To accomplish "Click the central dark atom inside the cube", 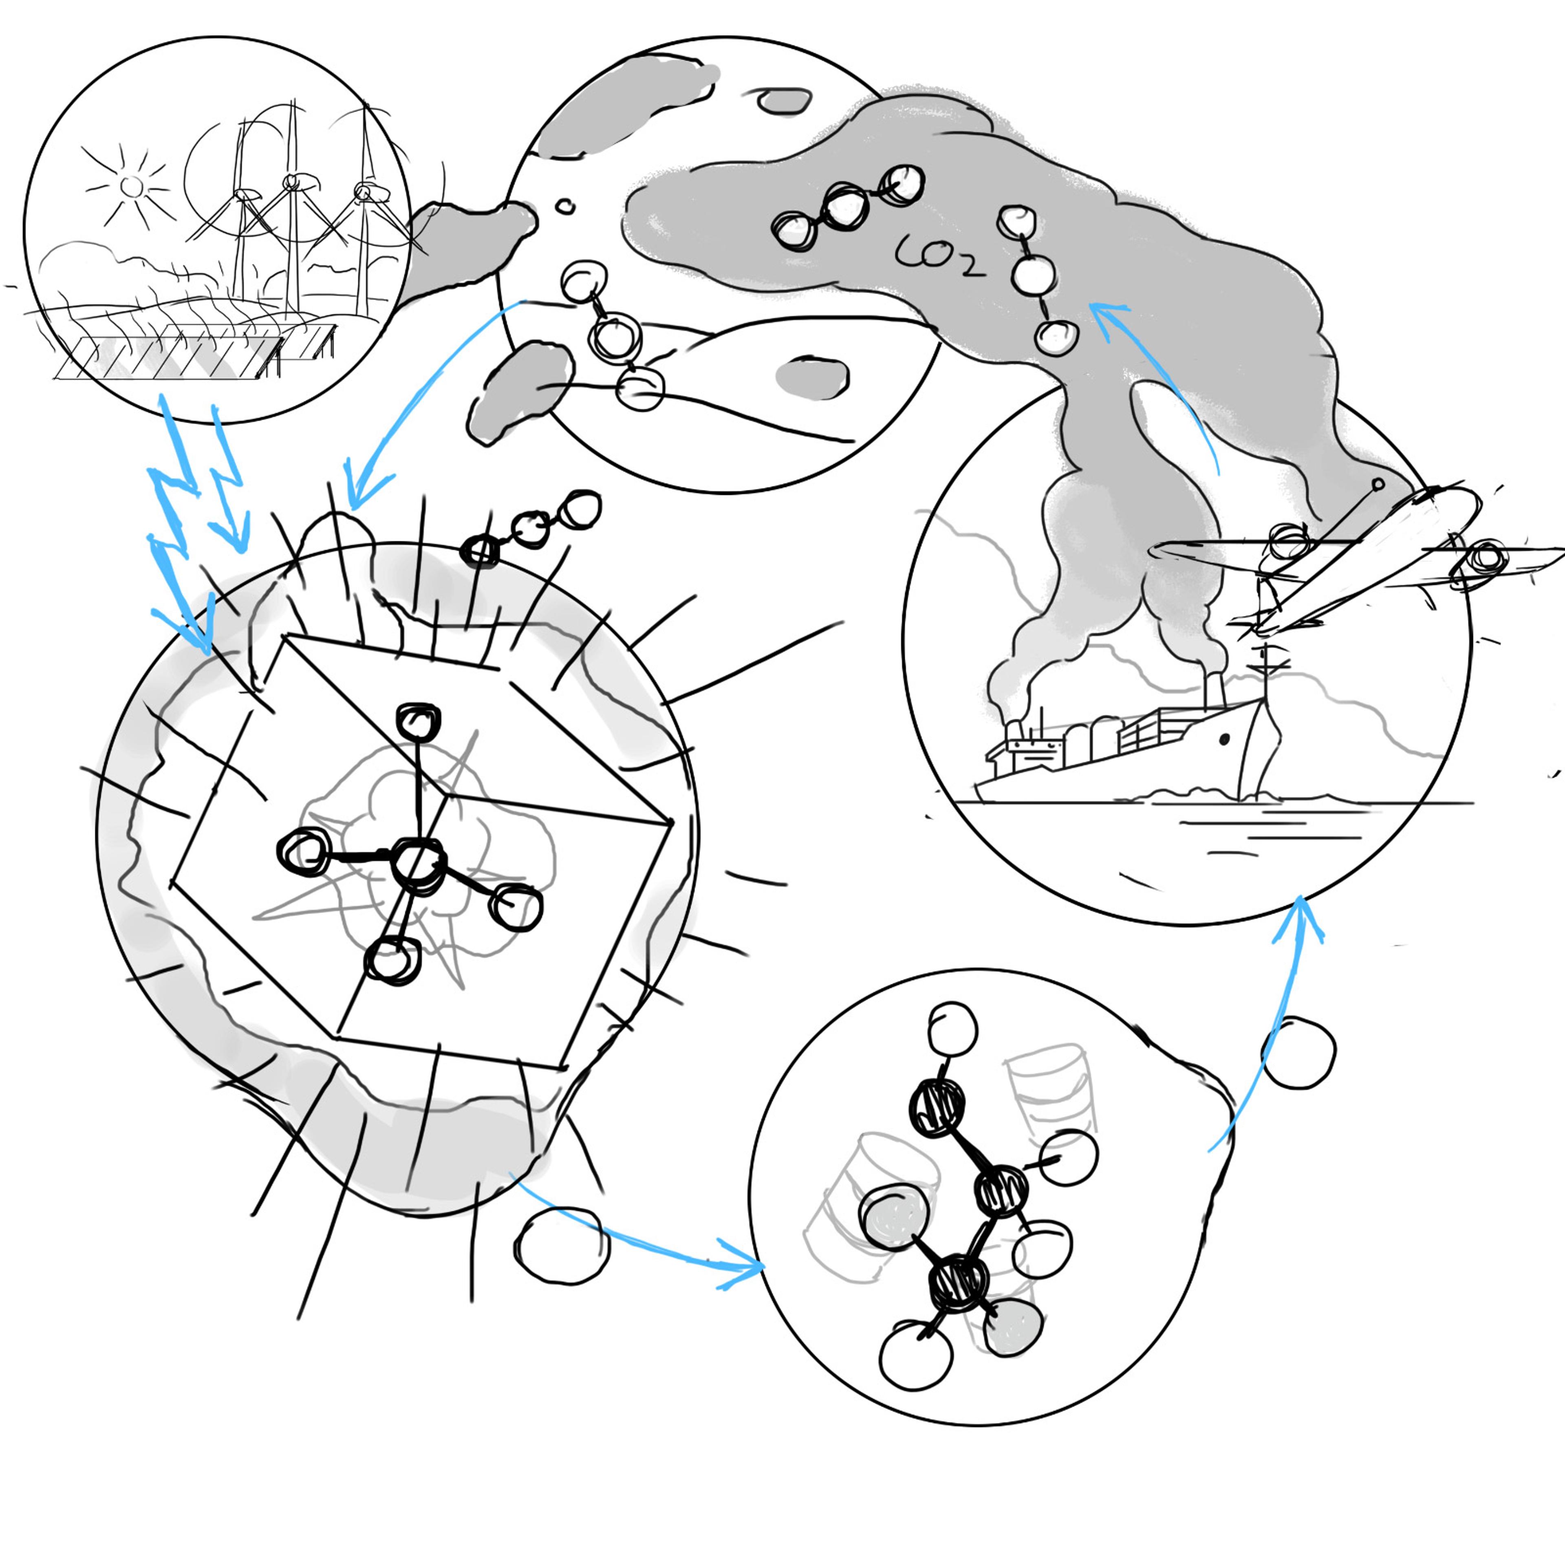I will [x=418, y=865].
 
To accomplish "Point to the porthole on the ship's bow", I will [x=1223, y=739].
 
